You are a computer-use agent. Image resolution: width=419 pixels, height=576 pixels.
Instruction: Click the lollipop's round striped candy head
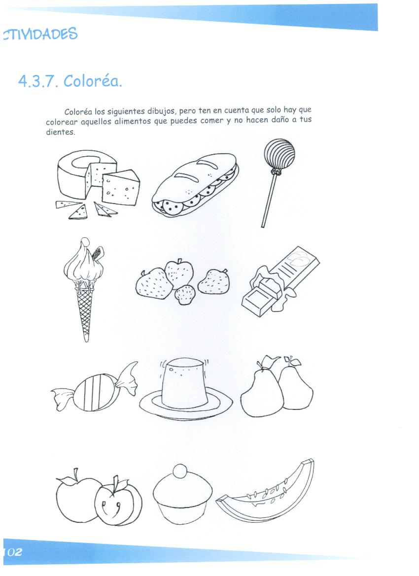tap(279, 154)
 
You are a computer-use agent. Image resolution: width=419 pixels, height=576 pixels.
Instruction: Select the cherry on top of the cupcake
tap(180, 472)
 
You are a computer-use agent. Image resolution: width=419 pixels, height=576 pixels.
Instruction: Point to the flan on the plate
tap(183, 384)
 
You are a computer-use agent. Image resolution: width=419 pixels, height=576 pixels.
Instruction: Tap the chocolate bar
tap(280, 281)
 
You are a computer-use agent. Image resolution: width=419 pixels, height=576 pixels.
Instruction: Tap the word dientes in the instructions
tap(60, 132)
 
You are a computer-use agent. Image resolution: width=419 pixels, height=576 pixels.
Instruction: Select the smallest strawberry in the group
tap(185, 295)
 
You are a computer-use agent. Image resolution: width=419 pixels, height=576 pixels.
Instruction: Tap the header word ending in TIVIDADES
tap(40, 34)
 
